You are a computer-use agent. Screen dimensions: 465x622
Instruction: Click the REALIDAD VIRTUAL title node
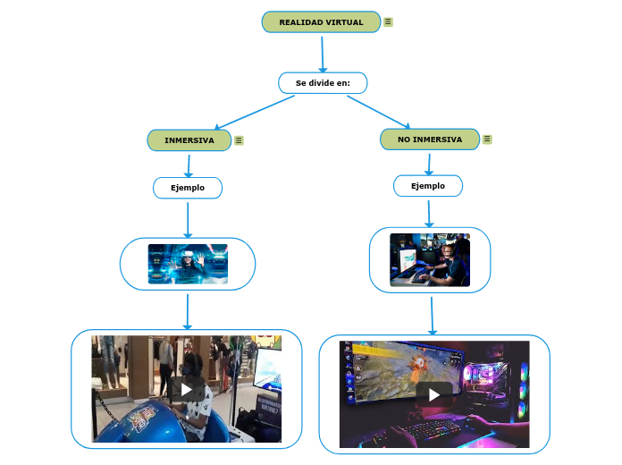[321, 22]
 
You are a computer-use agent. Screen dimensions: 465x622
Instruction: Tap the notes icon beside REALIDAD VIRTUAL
[388, 22]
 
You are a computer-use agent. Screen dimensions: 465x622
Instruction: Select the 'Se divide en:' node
[323, 83]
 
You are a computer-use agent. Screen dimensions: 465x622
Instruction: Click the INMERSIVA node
[189, 140]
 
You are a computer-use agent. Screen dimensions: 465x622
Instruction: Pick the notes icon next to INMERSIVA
[239, 140]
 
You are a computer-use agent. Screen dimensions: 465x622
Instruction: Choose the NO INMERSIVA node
[430, 139]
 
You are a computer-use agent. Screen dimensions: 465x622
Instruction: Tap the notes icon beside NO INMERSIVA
[487, 139]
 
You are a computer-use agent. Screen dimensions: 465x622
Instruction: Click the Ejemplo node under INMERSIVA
[188, 188]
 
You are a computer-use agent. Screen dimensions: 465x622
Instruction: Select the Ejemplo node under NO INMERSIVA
[427, 186]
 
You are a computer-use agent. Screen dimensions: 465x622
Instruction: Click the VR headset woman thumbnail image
[188, 264]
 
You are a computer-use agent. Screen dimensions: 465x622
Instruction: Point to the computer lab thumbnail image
[430, 259]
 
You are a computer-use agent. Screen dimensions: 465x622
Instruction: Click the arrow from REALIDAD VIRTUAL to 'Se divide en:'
[322, 53]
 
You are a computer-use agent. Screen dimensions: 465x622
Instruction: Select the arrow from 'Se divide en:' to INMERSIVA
[255, 113]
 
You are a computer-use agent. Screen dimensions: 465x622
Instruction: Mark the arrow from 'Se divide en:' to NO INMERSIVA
[378, 112]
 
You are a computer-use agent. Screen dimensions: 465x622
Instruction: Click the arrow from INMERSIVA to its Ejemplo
[189, 165]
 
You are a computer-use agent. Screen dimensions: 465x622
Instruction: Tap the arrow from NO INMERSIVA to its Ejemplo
[429, 164]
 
